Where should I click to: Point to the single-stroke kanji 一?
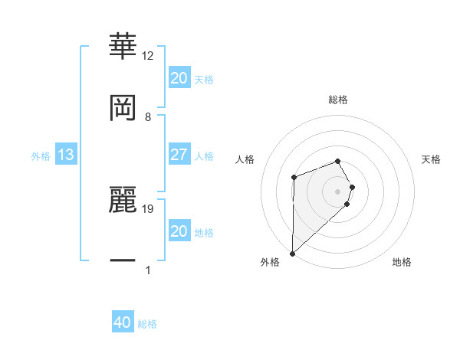pos(123,262)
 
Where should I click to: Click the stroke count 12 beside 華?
pos(148,56)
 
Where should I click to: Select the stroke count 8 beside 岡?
pos(148,117)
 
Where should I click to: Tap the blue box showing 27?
pos(179,155)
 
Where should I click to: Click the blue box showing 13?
pos(66,155)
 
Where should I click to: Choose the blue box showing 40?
pos(123,322)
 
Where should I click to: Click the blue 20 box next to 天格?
pos(179,78)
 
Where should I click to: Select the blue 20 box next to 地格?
pos(179,231)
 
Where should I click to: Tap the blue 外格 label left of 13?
pos(41,155)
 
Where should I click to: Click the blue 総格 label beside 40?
pos(147,323)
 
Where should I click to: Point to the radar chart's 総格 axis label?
pos(338,100)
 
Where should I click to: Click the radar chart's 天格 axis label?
pos(431,159)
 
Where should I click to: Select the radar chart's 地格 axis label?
pos(402,263)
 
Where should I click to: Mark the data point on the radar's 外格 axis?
pos(292,253)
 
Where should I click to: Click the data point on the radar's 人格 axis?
pos(294,178)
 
